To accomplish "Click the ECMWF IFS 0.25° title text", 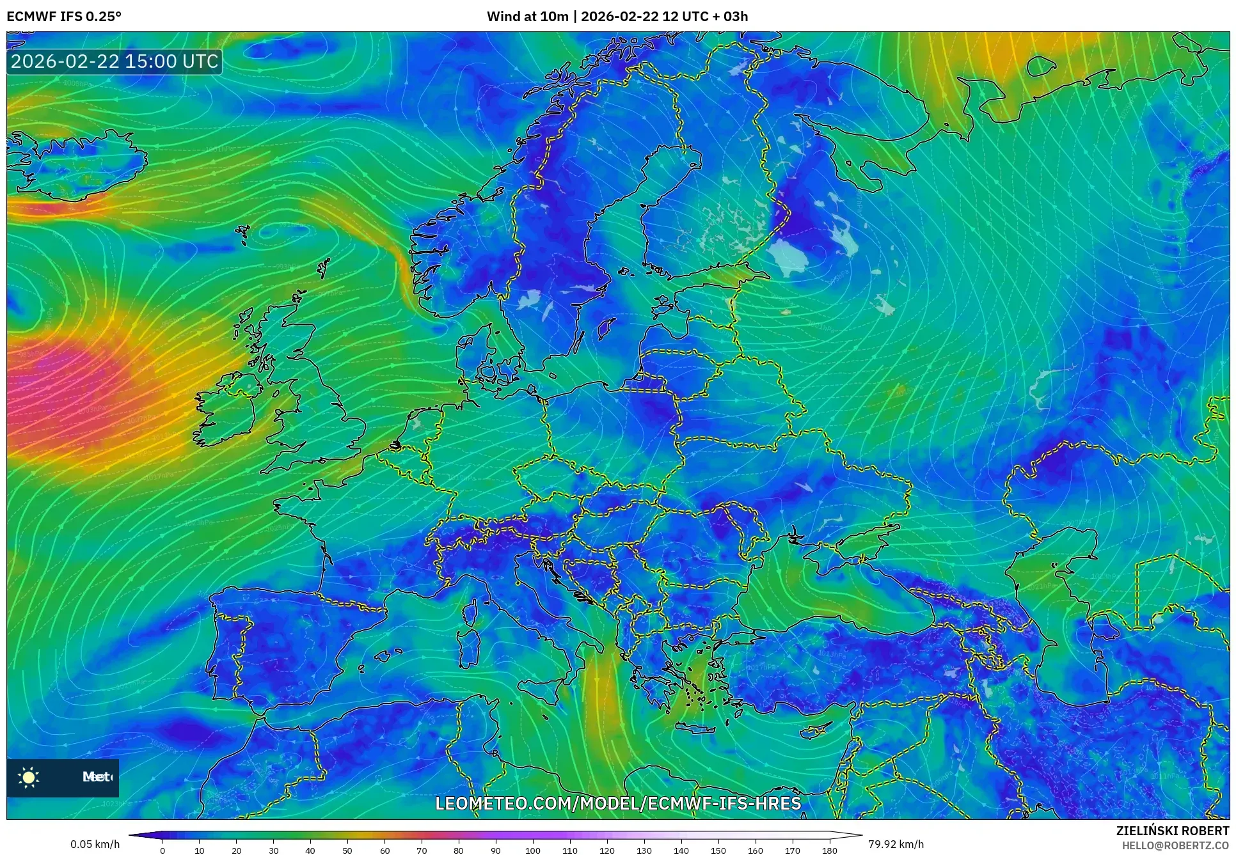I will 64,16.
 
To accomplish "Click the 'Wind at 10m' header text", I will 527,16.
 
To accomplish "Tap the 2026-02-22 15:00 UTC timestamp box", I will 115,61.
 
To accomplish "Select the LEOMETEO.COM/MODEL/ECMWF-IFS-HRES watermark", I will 618,803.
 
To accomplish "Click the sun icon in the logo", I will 29,777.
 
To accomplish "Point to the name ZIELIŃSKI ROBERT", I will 1173,831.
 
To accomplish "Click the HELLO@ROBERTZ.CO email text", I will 1175,845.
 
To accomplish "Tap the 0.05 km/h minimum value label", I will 95,844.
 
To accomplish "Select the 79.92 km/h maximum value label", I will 896,844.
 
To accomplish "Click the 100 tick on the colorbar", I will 533,851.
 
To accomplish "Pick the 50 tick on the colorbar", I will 347,851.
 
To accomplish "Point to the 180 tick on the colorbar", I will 829,851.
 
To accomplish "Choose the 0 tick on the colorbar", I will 162,851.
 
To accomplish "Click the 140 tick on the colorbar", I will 681,851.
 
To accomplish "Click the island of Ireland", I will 227,409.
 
